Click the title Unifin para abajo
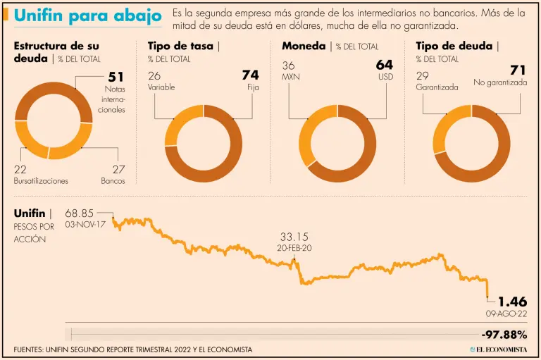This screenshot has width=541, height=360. (88, 15)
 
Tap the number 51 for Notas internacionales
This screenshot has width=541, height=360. (116, 77)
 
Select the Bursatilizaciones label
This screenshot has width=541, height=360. (41, 181)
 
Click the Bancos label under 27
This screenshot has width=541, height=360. (113, 181)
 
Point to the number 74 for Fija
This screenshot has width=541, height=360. (250, 75)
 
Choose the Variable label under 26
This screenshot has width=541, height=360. (161, 87)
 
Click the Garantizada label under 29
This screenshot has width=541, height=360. (437, 87)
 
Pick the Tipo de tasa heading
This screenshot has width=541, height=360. (180, 46)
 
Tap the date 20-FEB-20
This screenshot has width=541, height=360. (295, 249)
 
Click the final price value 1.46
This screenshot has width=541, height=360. (512, 302)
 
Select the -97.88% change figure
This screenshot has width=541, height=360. (504, 333)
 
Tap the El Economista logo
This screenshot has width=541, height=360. (498, 349)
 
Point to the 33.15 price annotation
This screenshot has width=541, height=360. (294, 237)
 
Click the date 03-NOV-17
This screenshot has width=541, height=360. (85, 224)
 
